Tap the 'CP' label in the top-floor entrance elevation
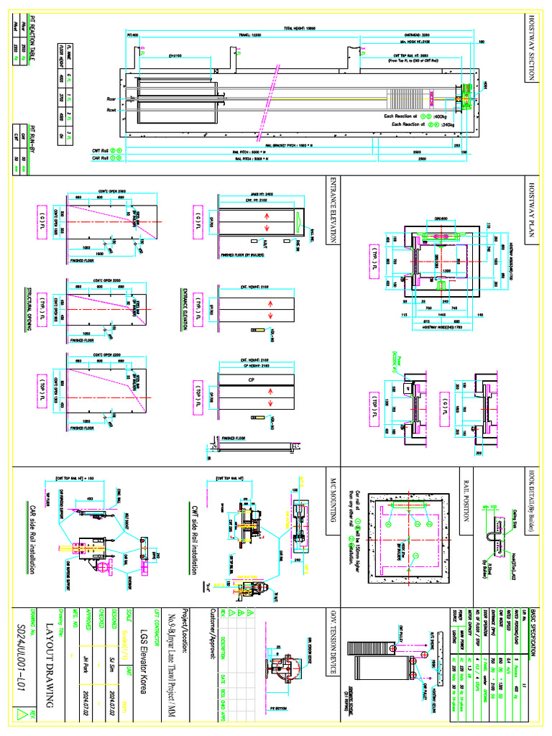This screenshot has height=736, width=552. pos(252,379)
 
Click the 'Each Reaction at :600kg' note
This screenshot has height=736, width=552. pos(424,115)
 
